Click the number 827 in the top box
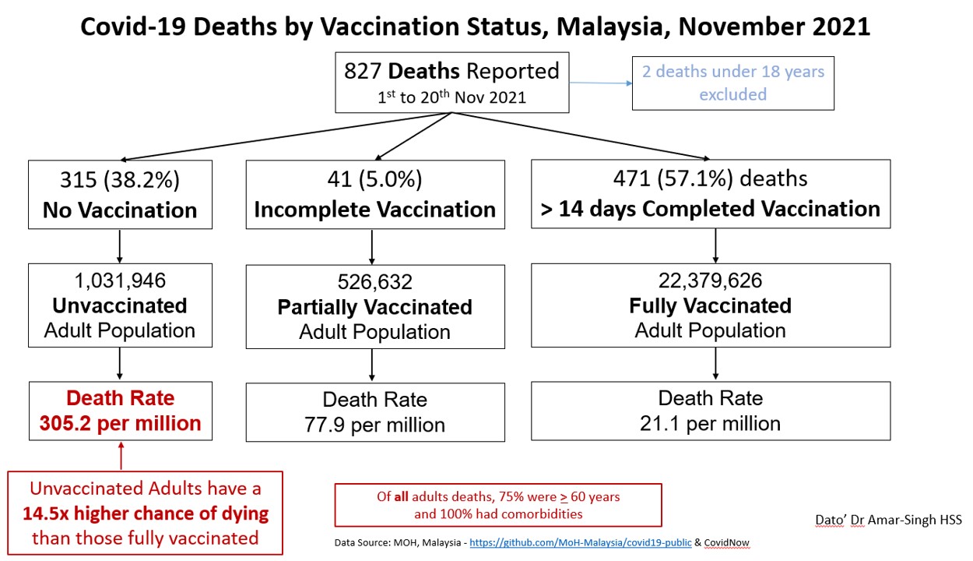(x=364, y=72)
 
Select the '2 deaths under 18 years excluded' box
(x=732, y=83)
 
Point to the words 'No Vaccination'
(x=120, y=210)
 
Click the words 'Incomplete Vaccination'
(x=374, y=210)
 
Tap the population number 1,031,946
(x=120, y=280)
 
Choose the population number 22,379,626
(x=710, y=280)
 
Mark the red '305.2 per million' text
(x=120, y=423)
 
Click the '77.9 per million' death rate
(x=374, y=425)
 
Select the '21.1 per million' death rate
(x=710, y=423)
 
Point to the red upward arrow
(x=121, y=456)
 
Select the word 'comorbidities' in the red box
(x=550, y=513)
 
